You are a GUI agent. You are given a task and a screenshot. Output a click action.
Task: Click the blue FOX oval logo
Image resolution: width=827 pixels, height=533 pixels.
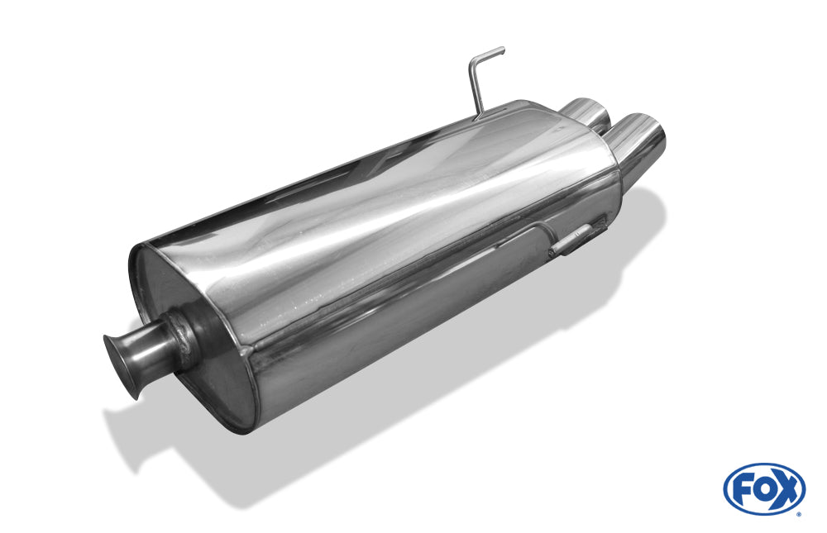(x=764, y=488)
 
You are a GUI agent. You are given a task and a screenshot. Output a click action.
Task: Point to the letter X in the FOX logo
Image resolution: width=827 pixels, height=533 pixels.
(x=786, y=490)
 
